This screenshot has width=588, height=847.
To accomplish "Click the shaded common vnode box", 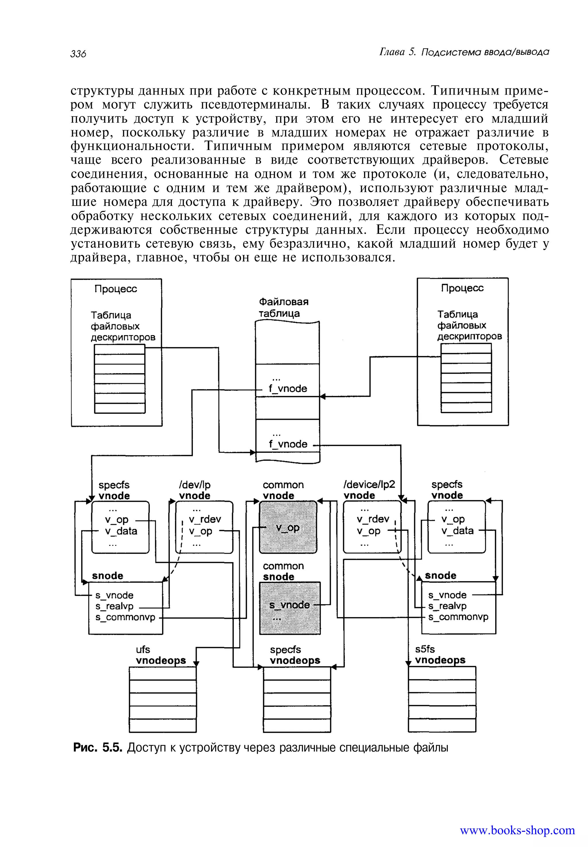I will (288, 527).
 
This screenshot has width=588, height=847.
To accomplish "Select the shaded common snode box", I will (290, 608).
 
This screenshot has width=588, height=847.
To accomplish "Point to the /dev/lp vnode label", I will (195, 490).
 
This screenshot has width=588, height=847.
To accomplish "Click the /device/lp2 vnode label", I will (369, 490).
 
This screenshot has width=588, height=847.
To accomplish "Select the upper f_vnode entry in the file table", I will (288, 389).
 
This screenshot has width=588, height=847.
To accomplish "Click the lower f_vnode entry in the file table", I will (288, 444).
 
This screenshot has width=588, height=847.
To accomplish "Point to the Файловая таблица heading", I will (283, 308).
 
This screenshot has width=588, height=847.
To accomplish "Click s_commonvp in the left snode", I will (125, 617).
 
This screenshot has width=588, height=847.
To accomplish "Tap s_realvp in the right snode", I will (447, 606).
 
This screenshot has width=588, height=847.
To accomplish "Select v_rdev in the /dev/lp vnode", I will (205, 519).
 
